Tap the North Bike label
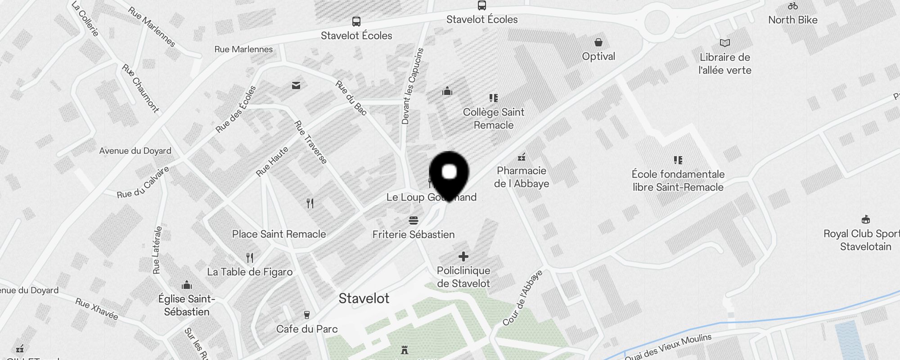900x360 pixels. pyautogui.click(x=792, y=20)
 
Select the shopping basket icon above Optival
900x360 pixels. pyautogui.click(x=598, y=42)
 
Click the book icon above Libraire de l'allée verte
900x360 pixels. pyautogui.click(x=724, y=43)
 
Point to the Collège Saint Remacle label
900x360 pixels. pyautogui.click(x=494, y=118)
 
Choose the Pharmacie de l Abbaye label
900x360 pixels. pyautogui.click(x=521, y=177)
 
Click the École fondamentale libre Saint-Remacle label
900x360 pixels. pyautogui.click(x=678, y=180)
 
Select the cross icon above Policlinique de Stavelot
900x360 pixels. pyautogui.click(x=463, y=256)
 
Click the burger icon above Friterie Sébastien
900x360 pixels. pyautogui.click(x=414, y=220)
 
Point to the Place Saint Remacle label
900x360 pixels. pyautogui.click(x=279, y=234)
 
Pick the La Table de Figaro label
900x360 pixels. pyautogui.click(x=250, y=272)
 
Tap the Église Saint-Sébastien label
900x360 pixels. pyautogui.click(x=187, y=305)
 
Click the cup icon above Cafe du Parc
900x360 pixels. pyautogui.click(x=307, y=315)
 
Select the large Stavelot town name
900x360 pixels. pyautogui.click(x=364, y=298)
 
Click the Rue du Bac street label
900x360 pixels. pyautogui.click(x=351, y=97)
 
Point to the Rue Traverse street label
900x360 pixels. pyautogui.click(x=310, y=142)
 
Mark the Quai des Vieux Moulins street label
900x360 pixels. pyautogui.click(x=668, y=347)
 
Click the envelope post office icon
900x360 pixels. pyautogui.click(x=296, y=85)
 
